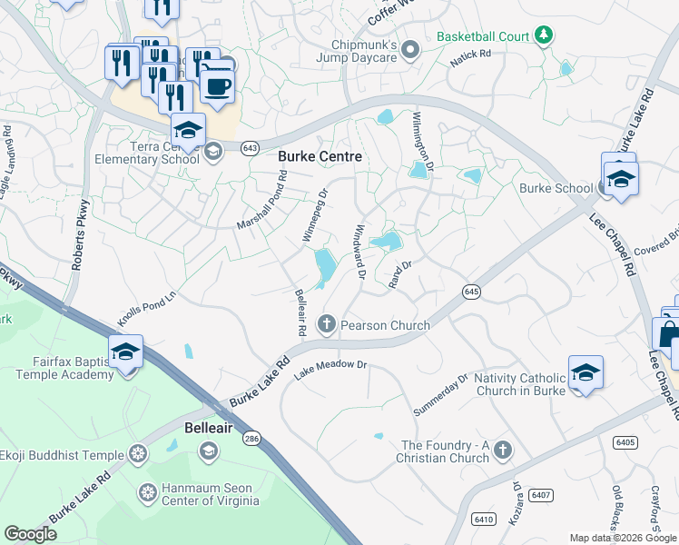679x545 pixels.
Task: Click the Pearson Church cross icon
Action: point(327,324)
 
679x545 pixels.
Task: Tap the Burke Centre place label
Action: point(320,156)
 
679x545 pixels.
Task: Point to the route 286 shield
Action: point(251,438)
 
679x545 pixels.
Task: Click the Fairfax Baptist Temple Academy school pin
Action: point(124,351)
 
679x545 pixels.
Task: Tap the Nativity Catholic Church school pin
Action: point(586,372)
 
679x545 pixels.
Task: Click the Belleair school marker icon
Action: point(209,451)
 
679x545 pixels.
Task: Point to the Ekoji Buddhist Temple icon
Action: point(138,453)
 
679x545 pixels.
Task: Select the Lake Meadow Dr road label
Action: point(330,364)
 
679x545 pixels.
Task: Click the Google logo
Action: point(31,534)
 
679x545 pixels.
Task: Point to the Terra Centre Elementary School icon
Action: point(213,151)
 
